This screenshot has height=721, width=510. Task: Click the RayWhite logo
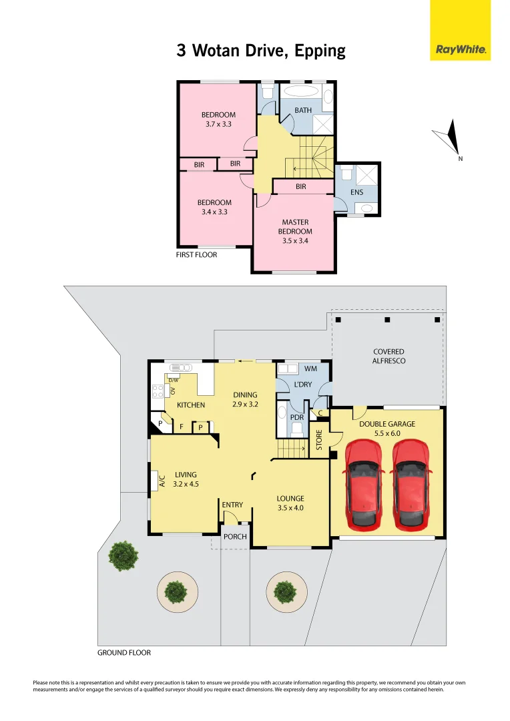coord(460,49)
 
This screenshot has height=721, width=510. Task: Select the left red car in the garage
coord(362,483)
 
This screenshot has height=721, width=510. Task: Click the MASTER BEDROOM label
coord(296,231)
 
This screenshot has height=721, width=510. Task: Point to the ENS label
coord(356,192)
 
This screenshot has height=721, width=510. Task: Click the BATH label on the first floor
coord(303,110)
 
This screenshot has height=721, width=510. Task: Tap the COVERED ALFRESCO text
coord(389,356)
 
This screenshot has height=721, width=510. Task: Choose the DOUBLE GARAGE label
coord(387,424)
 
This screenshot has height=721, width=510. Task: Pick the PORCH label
coord(235,536)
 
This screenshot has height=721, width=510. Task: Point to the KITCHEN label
coord(190,405)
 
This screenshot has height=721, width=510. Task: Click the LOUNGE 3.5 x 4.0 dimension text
coord(290,507)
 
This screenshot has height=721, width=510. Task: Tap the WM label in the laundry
coord(310,369)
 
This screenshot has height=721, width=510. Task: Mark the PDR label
coord(297,417)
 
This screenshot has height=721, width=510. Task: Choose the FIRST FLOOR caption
coord(197,254)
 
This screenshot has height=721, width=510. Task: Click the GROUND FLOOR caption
coord(124,652)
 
